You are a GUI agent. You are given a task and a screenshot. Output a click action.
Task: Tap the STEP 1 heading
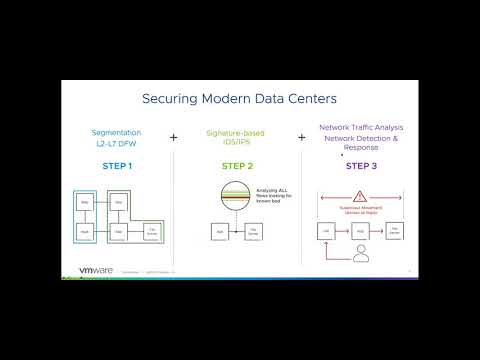click(116, 166)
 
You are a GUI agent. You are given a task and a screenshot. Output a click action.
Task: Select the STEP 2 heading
click(237, 166)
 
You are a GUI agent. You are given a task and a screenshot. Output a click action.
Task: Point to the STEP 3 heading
click(362, 166)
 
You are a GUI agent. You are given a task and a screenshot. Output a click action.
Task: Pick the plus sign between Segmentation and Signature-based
click(174, 138)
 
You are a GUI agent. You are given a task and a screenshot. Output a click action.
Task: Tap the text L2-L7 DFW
click(116, 143)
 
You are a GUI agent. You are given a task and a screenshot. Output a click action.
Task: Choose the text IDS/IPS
click(237, 143)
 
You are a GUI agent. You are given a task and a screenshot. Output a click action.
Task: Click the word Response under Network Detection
click(362, 146)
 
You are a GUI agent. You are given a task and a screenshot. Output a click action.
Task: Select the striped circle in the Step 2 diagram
click(236, 197)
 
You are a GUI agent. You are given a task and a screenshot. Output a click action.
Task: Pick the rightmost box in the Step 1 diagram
click(153, 232)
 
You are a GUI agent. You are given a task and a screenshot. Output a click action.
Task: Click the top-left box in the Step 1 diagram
click(86, 201)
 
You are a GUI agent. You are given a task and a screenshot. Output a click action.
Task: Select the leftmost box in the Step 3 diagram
click(325, 231)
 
